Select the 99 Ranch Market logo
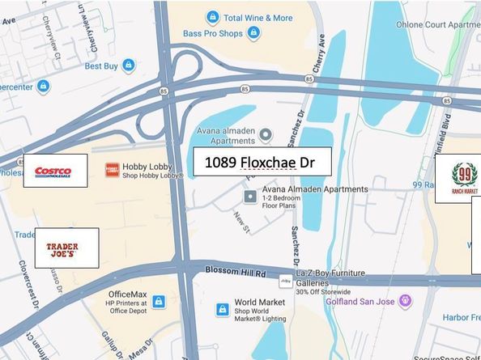464,179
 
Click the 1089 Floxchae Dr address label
262,163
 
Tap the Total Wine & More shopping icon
212,17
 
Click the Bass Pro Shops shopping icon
254,33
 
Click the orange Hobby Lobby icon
112,170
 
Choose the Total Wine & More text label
258,17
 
